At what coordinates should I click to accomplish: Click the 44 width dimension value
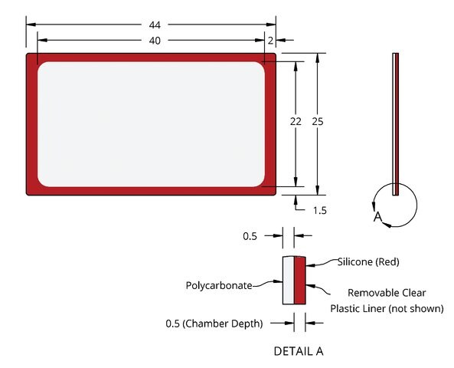pos(155,25)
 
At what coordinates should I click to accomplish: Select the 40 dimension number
pos(155,41)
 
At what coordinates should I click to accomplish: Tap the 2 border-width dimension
pos(270,41)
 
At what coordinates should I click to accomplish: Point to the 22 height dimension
pos(296,121)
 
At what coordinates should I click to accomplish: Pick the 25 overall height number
pos(318,121)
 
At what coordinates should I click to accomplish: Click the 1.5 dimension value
pos(320,210)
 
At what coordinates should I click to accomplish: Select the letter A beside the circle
pos(377,216)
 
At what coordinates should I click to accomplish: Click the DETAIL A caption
pos(299,351)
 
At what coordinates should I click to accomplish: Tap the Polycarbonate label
pos(219,286)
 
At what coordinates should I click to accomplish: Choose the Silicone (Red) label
pos(368,262)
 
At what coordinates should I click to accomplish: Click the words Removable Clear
pos(387,293)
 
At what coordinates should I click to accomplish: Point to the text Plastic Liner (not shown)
pos(387,308)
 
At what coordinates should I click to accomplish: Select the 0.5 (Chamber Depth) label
pos(214,324)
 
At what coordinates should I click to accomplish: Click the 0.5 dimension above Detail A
pos(250,236)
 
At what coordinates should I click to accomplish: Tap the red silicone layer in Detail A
pos(299,281)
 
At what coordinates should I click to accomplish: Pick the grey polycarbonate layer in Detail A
pos(289,281)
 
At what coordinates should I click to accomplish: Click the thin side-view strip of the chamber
pos(396,124)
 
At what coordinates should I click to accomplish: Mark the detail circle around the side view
pos(417,205)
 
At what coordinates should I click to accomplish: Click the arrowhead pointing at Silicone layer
pos(310,264)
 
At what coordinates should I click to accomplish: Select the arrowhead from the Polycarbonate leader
pos(278,281)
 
